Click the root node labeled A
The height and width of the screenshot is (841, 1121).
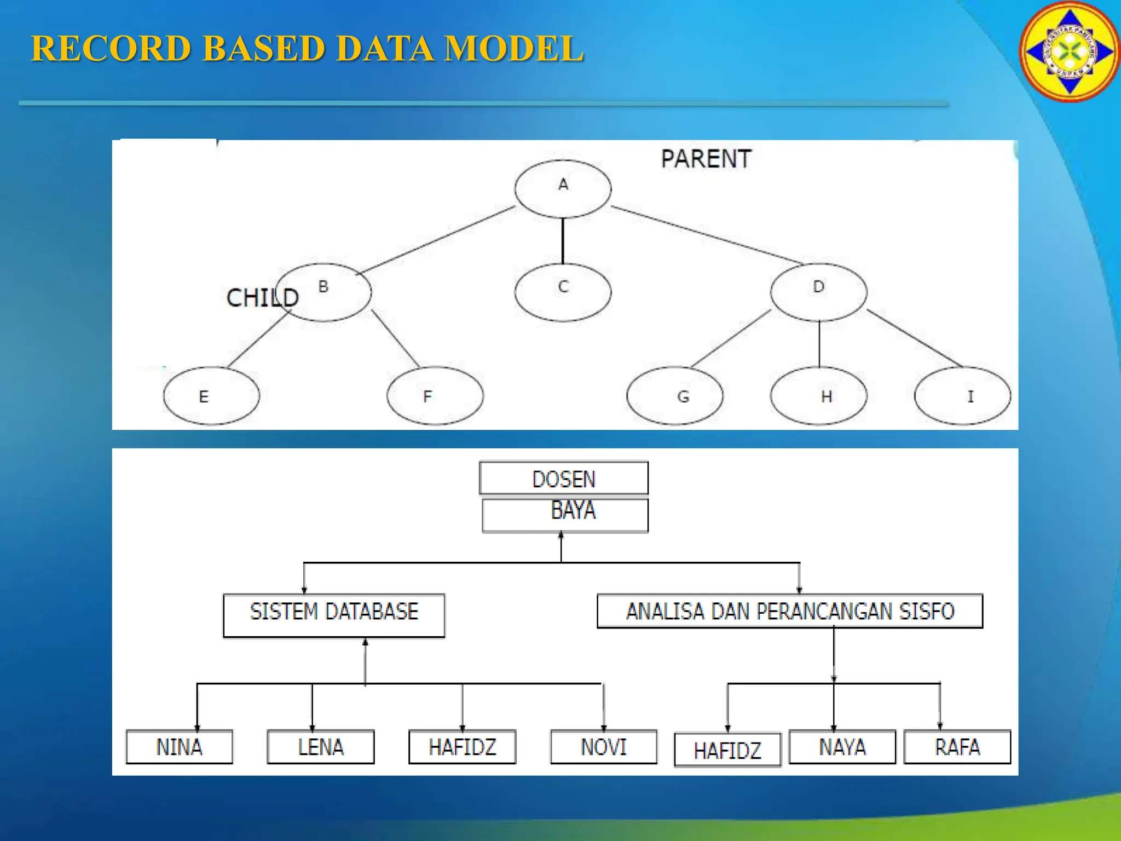[x=563, y=188]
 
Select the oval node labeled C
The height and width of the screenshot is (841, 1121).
[x=563, y=291]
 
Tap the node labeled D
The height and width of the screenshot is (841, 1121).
[x=818, y=291]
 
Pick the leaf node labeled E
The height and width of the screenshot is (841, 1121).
[x=211, y=395]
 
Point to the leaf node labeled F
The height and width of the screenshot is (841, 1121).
[x=435, y=395]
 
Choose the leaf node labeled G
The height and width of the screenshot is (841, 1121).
[x=674, y=395]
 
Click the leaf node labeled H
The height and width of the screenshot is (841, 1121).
[x=818, y=395]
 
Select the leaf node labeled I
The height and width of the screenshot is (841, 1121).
[x=962, y=395]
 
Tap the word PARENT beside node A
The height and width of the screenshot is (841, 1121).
[x=706, y=159]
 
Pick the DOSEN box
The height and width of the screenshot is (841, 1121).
[x=564, y=479]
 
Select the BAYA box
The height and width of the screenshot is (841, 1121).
[x=565, y=515]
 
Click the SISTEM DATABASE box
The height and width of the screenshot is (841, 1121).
[x=334, y=615]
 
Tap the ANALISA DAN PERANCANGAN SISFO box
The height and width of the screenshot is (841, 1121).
[x=790, y=611]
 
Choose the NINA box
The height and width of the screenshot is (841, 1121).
[x=179, y=747]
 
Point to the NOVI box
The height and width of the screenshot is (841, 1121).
[x=603, y=747]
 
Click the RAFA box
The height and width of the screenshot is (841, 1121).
[x=957, y=747]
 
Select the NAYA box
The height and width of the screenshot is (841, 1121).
[x=842, y=747]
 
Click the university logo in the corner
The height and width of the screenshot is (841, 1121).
[x=1070, y=51]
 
